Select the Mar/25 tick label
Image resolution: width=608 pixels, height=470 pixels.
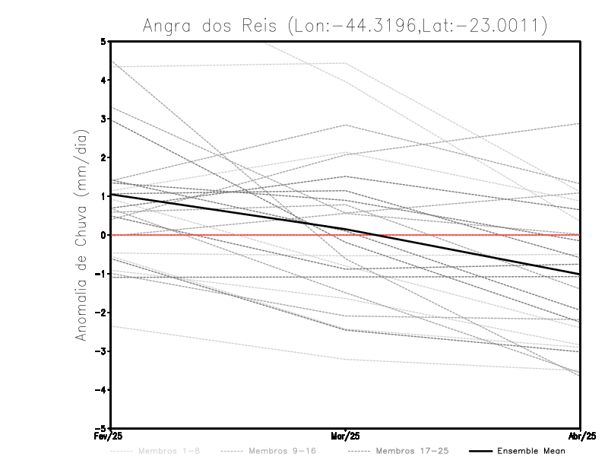(346, 436)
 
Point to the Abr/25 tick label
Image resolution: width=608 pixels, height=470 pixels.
(580, 436)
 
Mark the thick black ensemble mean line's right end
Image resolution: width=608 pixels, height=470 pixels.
(580, 274)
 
